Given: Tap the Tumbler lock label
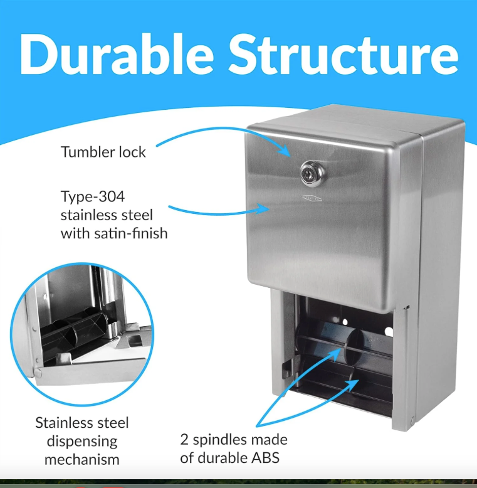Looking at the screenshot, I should tap(103, 152).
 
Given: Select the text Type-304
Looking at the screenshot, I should tap(93, 196).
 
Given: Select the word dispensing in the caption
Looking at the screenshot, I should tap(76, 440).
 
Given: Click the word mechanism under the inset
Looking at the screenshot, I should tap(76, 459).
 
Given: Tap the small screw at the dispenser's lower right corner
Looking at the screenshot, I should tap(412, 420).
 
